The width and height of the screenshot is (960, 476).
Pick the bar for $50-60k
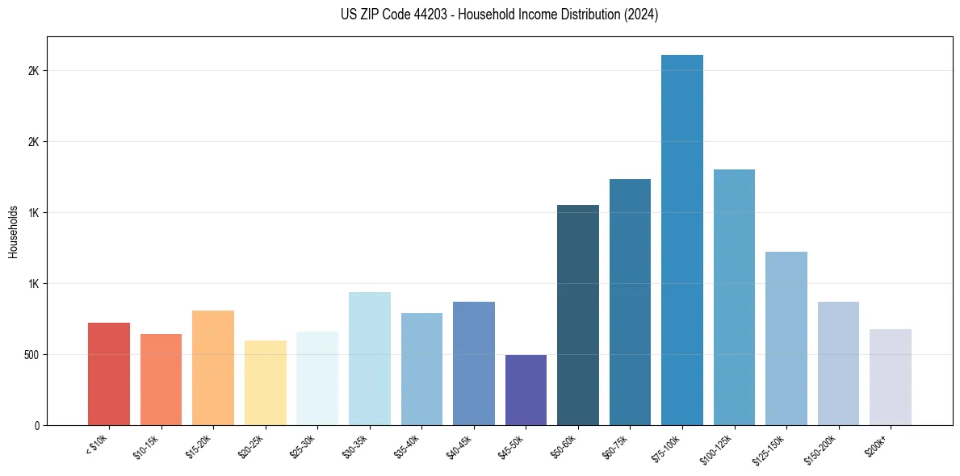coord(578,315)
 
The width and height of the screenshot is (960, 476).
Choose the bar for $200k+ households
coord(891,377)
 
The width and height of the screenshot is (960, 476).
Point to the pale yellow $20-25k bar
coord(266,382)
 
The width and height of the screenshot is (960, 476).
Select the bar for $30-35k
coord(370,358)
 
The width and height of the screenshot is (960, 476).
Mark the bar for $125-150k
coord(786,338)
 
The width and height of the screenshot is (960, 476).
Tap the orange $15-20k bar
coord(213,368)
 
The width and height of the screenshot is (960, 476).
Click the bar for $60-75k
coord(630,302)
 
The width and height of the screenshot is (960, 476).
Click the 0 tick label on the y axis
coord(37,425)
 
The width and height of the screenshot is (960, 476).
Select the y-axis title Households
coord(14,232)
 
